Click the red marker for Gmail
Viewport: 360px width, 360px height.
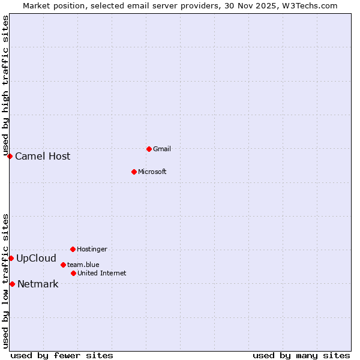click(149, 149)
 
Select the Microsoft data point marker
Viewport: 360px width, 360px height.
click(134, 172)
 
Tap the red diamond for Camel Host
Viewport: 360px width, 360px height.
click(10, 156)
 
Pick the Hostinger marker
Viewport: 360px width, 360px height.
click(73, 249)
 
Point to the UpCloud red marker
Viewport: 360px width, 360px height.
click(11, 258)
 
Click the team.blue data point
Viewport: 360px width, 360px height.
click(63, 265)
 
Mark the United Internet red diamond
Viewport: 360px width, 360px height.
click(73, 273)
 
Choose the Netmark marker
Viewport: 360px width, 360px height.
click(12, 284)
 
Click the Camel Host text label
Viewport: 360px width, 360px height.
click(43, 157)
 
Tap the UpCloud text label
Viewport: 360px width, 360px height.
click(36, 259)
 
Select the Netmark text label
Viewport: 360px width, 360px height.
click(38, 284)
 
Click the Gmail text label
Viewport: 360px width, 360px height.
click(162, 149)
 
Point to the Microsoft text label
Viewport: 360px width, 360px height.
click(152, 172)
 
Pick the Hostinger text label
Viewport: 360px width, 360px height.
click(92, 249)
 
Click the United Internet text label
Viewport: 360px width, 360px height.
click(102, 273)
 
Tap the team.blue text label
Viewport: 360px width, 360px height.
click(83, 265)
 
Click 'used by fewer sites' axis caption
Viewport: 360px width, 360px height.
click(62, 356)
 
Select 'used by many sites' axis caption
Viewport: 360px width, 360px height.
click(301, 356)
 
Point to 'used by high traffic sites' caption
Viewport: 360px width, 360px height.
click(6, 84)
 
